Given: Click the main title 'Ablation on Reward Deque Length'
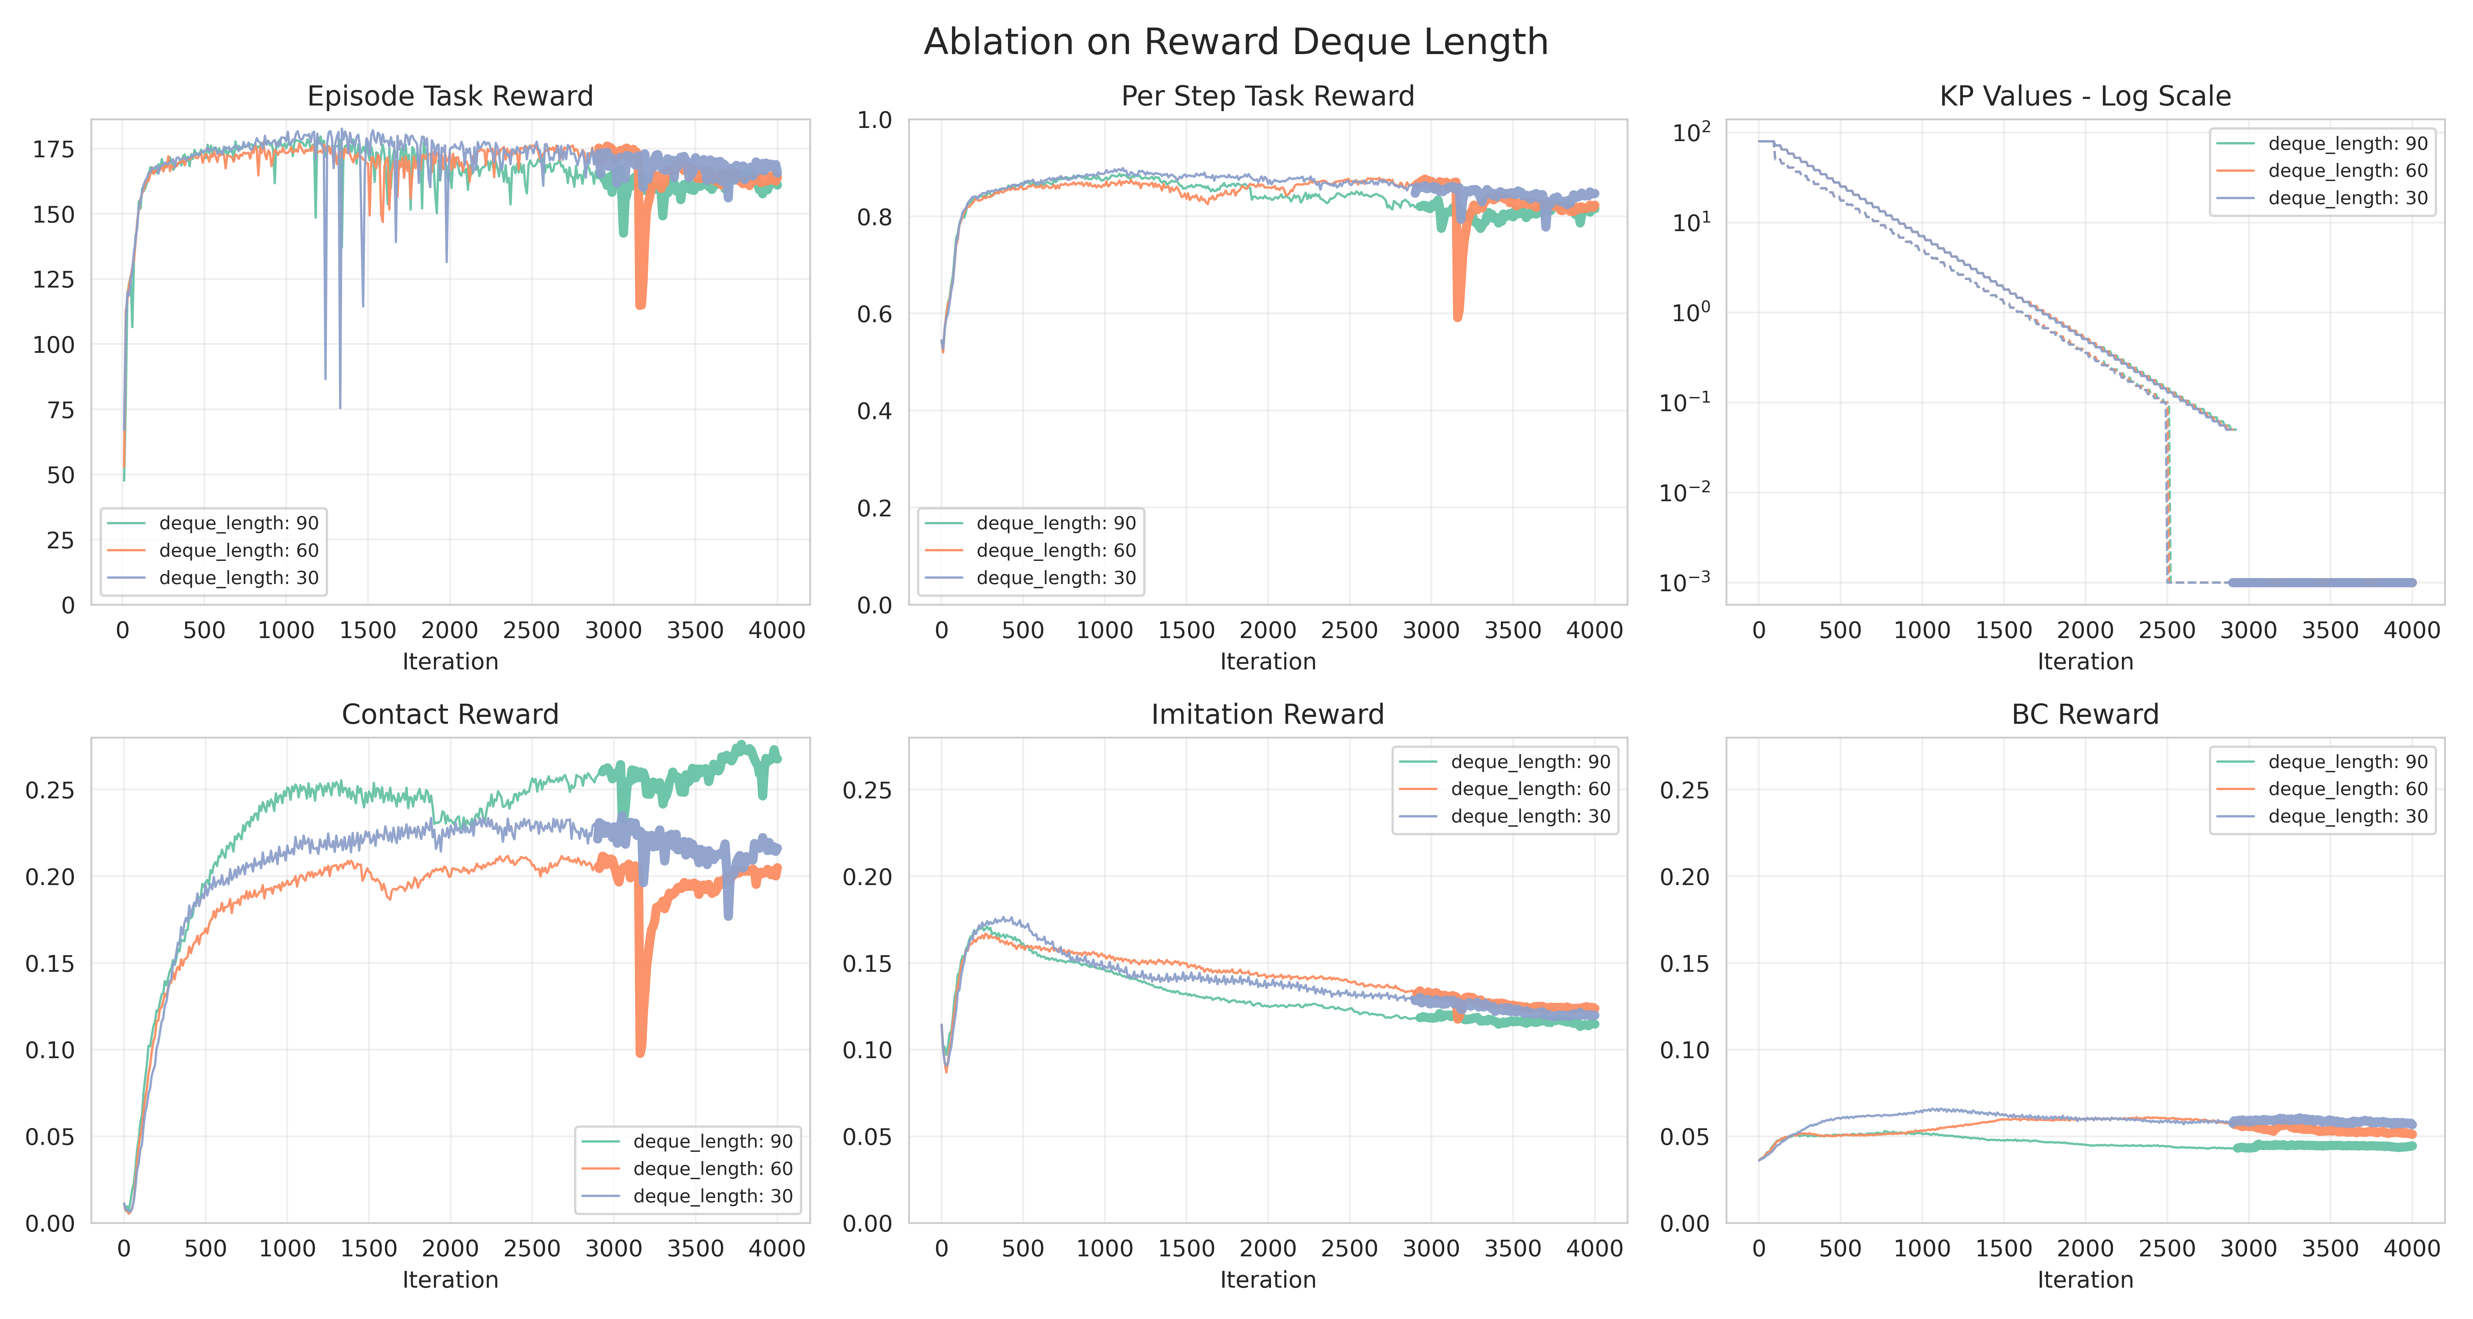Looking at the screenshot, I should (1236, 42).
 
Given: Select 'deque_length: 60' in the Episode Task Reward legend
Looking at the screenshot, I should (238, 550).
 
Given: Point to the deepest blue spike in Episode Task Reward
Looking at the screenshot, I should (340, 407).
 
